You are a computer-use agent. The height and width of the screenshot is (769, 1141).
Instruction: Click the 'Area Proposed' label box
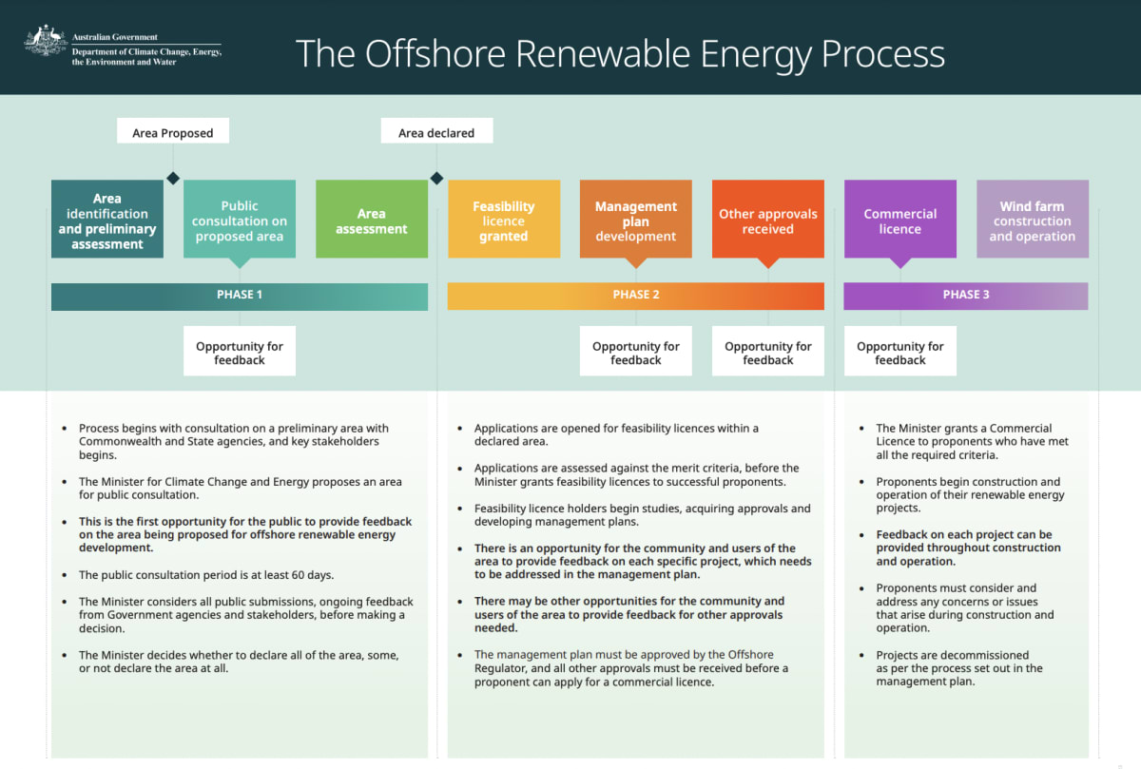pyautogui.click(x=173, y=132)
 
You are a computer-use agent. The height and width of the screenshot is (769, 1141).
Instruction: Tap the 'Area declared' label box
pyautogui.click(x=436, y=132)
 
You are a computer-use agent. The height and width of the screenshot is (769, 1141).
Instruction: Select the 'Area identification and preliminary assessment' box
pyautogui.click(x=107, y=221)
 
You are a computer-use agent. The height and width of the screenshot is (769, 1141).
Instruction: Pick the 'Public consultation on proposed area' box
pyautogui.click(x=240, y=221)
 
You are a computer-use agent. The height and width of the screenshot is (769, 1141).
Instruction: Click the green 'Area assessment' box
pyautogui.click(x=372, y=221)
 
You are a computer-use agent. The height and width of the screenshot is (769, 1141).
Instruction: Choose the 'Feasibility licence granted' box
pyautogui.click(x=504, y=221)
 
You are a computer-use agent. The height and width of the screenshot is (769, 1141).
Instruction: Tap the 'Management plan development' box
pyautogui.click(x=636, y=221)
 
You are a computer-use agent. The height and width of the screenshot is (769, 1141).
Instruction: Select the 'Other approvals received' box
pyautogui.click(x=768, y=221)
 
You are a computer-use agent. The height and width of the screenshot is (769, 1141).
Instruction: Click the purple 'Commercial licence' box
pyautogui.click(x=900, y=221)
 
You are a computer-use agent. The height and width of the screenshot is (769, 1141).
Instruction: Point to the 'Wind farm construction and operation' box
pyautogui.click(x=1033, y=221)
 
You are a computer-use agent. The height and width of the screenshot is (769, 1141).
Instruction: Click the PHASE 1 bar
pyautogui.click(x=240, y=295)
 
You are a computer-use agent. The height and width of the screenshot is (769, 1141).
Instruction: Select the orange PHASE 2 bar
pyautogui.click(x=636, y=295)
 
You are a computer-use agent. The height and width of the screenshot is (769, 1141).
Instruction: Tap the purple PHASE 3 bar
pyautogui.click(x=966, y=295)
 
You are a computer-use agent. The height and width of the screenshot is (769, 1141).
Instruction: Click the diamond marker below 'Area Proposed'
pyautogui.click(x=173, y=178)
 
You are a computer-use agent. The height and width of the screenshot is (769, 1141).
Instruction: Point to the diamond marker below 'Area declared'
pyautogui.click(x=437, y=178)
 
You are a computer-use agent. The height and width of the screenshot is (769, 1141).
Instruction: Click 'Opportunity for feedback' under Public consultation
pyautogui.click(x=240, y=353)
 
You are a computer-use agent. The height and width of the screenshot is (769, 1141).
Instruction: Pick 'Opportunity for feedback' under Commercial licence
pyautogui.click(x=900, y=353)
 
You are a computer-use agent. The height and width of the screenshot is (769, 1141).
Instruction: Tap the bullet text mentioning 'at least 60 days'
pyautogui.click(x=206, y=575)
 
